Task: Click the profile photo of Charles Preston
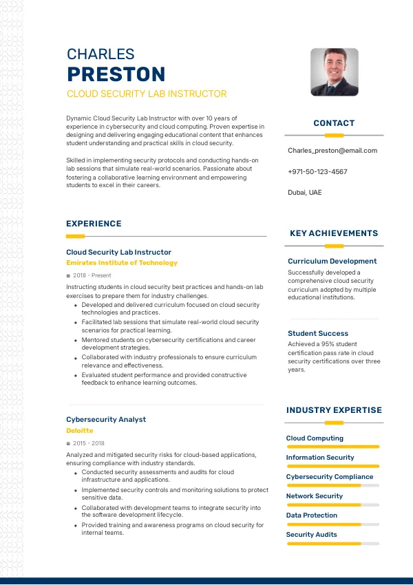334,72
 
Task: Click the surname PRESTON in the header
116,74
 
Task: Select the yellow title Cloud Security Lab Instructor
147,94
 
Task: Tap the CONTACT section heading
334,123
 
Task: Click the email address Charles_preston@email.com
332,151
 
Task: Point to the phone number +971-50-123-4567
317,171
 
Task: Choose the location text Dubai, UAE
304,193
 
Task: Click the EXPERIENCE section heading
94,224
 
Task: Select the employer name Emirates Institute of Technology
122,263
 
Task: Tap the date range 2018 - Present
92,275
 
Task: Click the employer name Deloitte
80,431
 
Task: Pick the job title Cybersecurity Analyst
106,419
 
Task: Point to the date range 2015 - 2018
89,443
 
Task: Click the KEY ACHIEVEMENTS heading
334,233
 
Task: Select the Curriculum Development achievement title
332,262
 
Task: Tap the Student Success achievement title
318,334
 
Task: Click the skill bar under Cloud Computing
333,447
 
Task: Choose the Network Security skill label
315,496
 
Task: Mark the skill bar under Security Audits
333,544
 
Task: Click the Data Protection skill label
312,515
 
